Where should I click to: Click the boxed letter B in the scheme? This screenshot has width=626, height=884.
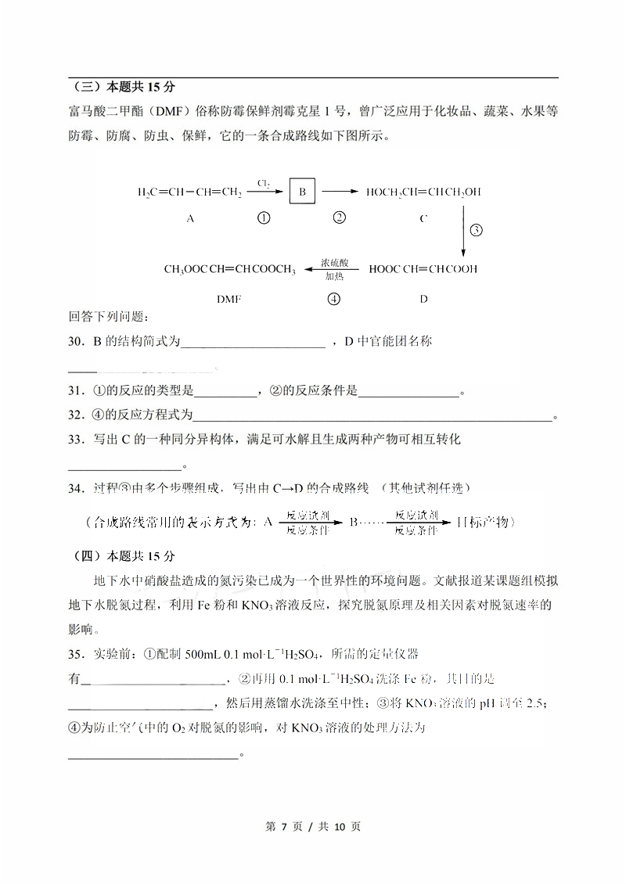coord(301,191)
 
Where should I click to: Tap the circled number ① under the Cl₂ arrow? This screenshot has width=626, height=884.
coord(264,218)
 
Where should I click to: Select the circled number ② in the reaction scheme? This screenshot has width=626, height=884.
coord(339,217)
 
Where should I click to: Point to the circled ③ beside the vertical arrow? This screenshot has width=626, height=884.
coord(476,230)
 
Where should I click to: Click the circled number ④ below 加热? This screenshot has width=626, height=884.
coord(334,298)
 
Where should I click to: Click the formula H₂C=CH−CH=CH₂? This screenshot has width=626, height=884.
coord(189,191)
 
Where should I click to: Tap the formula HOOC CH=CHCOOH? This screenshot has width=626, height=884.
coord(423,269)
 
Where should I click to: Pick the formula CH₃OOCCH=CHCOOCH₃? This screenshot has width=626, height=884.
coord(229,269)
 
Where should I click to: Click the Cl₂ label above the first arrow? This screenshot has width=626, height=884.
coord(264,183)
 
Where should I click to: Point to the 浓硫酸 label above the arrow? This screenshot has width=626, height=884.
coord(334,263)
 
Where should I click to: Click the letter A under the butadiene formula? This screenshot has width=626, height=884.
coord(190,219)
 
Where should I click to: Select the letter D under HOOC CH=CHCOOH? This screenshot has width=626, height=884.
coord(423,298)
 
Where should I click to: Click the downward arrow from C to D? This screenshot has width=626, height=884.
coord(463,231)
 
